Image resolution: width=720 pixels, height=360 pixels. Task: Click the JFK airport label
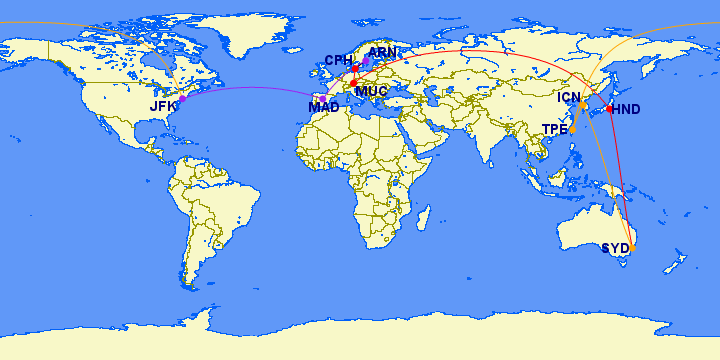[x=163, y=106]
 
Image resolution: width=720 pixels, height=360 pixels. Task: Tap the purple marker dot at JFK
[x=182, y=99]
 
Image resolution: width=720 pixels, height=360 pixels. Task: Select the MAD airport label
[x=323, y=107]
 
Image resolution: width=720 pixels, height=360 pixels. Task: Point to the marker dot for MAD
[x=322, y=97]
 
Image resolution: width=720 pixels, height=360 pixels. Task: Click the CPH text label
[x=340, y=61]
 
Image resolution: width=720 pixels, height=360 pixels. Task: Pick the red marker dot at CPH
[x=355, y=68]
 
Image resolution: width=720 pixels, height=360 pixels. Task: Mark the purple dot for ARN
[x=366, y=61]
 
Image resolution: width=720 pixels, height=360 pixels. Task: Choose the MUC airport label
[x=371, y=91]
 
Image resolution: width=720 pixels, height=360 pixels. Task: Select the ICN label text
[x=569, y=97]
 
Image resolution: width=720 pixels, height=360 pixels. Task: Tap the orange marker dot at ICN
[x=583, y=105]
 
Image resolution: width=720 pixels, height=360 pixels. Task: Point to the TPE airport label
[x=555, y=129]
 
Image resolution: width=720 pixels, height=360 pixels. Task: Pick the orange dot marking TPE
[x=573, y=129]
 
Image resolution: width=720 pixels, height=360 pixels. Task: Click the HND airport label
[x=627, y=109]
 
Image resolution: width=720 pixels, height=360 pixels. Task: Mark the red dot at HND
[x=610, y=108]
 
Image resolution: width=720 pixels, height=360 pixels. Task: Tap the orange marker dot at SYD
[x=632, y=247]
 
